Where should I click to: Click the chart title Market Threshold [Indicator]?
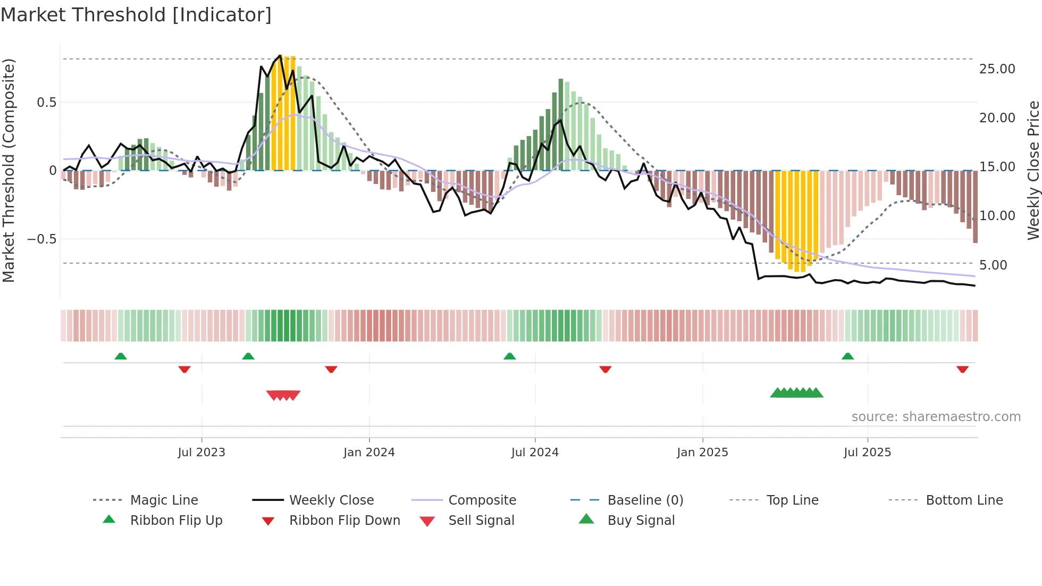point(136,15)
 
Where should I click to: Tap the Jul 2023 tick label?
point(201,453)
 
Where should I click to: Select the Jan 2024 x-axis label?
point(369,453)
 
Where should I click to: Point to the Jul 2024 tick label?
point(535,453)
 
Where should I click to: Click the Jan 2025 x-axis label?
point(702,453)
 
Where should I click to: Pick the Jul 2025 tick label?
point(867,453)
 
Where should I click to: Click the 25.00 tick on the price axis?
point(997,69)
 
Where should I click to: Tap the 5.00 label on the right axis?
point(993,265)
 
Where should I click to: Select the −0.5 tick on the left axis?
point(42,239)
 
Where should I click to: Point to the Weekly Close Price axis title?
point(1033,170)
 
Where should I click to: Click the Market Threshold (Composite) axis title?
point(9,170)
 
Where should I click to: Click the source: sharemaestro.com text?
point(936,417)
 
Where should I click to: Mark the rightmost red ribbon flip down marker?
point(962,369)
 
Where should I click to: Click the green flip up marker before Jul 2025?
point(847,356)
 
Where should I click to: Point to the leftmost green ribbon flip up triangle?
point(121,356)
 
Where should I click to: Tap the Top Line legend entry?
point(792,500)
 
